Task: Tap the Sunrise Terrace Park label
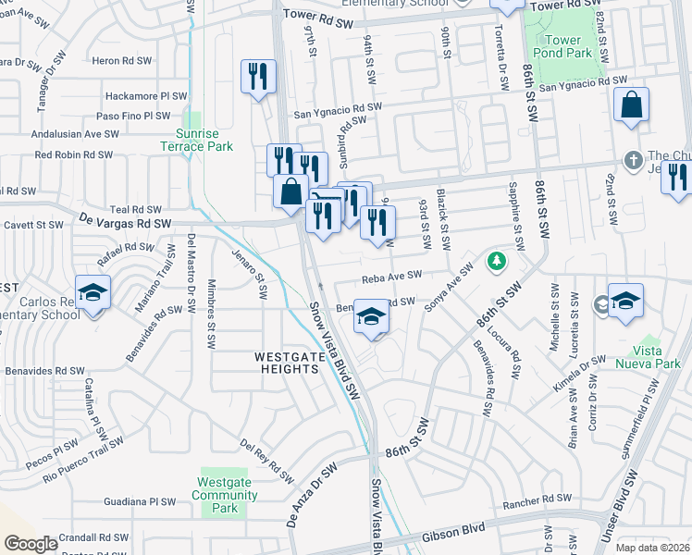[x=195, y=140]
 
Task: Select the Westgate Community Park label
[x=225, y=495]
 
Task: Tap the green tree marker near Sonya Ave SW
[x=497, y=261]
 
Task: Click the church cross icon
[x=633, y=159]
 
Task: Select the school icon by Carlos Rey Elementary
[x=93, y=293]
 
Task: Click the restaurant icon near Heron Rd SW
[x=258, y=77]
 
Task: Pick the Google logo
[x=31, y=544]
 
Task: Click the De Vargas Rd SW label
[x=125, y=223]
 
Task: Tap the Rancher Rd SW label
[x=538, y=499]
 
